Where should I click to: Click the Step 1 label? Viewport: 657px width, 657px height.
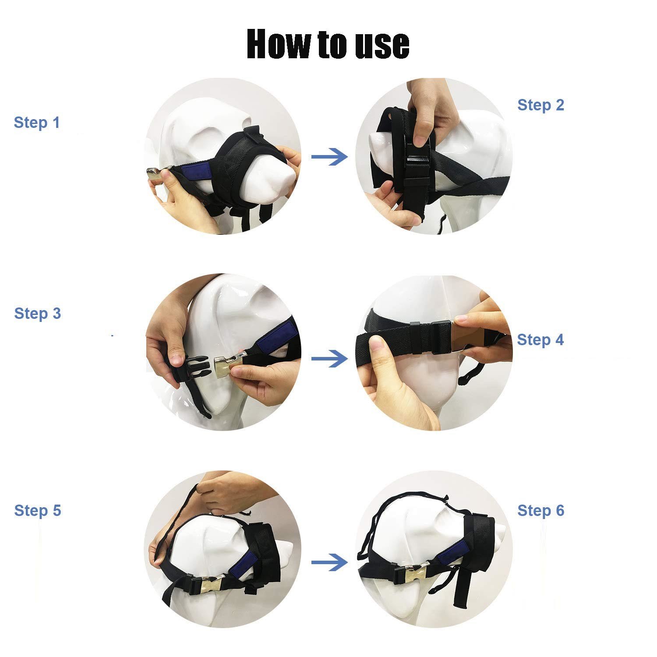point(37,123)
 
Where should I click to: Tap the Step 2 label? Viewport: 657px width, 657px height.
point(541,105)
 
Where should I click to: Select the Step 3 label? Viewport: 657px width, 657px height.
point(37,314)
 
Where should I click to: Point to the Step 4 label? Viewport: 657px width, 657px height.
point(540,340)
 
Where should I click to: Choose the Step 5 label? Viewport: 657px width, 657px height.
point(37,511)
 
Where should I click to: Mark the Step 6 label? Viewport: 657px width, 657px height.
point(541,511)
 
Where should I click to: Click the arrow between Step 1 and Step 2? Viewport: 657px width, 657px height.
point(329,157)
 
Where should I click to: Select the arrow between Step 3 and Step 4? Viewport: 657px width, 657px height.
point(329,359)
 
